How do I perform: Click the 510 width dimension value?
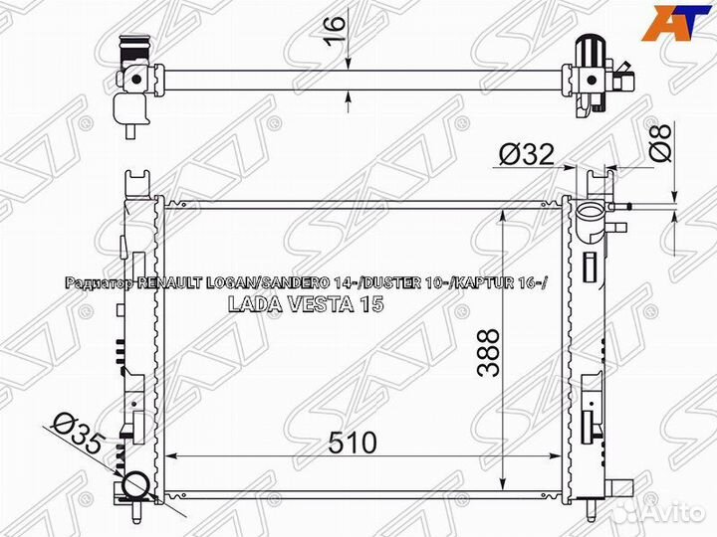[353, 443]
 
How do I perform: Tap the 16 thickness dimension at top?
[336, 30]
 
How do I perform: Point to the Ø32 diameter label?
[527, 154]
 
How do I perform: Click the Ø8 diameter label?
[659, 142]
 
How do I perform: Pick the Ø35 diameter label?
[76, 435]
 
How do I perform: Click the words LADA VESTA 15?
[306, 304]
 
